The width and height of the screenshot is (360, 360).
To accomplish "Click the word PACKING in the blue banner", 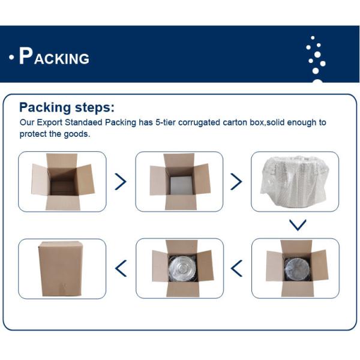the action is click(x=54, y=56).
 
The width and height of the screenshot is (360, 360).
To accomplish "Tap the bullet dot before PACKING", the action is click(x=11, y=57).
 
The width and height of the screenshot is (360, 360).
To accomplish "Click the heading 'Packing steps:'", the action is click(x=67, y=107).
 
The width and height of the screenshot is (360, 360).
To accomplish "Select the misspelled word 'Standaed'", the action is click(x=83, y=122).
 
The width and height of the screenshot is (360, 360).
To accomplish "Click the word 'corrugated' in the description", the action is click(x=199, y=122).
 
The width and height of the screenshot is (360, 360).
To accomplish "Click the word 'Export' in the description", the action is click(x=49, y=122).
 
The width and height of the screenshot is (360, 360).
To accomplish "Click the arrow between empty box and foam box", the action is click(x=121, y=182).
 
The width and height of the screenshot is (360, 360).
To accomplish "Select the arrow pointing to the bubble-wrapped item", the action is click(x=236, y=182).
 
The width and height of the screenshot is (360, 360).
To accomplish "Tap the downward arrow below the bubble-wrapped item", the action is click(x=298, y=225).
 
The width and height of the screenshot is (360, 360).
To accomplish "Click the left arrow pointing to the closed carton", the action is click(x=121, y=268).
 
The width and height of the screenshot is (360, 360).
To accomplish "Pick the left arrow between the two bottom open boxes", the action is click(x=236, y=268).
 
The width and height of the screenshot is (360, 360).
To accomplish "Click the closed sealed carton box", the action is click(x=61, y=269).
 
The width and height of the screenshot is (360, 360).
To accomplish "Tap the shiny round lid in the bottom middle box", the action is click(x=182, y=268).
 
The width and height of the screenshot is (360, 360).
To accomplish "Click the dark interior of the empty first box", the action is click(x=63, y=181).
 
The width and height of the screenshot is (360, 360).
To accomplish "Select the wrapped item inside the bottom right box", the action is click(x=298, y=269).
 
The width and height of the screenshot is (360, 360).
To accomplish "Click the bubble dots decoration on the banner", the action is click(x=316, y=59).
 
